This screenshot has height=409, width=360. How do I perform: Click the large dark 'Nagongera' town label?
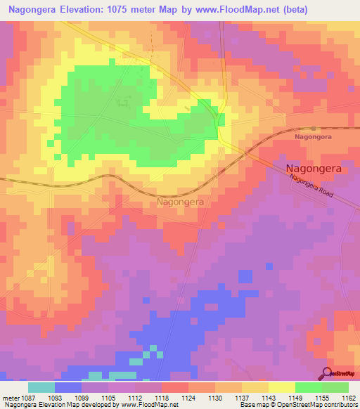pyautogui.click(x=319, y=169)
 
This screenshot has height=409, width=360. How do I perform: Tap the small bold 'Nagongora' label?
pyautogui.click(x=312, y=138)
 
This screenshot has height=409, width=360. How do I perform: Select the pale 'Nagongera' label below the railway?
pyautogui.click(x=180, y=202)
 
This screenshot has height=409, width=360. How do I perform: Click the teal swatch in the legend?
pyautogui.click(x=41, y=387)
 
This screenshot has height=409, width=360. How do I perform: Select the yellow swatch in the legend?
pyautogui.click(x=281, y=387)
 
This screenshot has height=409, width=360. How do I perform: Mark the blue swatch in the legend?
pyautogui.click(x=68, y=387)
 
